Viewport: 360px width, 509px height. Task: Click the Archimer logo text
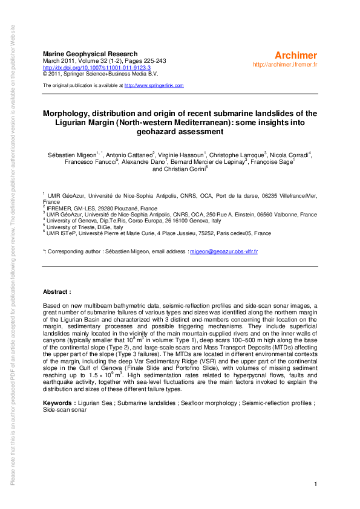[x=296, y=56]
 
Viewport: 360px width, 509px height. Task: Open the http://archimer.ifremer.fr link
[x=286, y=64]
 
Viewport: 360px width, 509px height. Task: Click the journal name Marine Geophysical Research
[x=90, y=54]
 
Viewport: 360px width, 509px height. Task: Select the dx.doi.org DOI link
[x=97, y=68]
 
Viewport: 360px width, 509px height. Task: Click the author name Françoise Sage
[x=271, y=162]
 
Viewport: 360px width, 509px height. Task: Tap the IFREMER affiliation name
[x=61, y=207]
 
